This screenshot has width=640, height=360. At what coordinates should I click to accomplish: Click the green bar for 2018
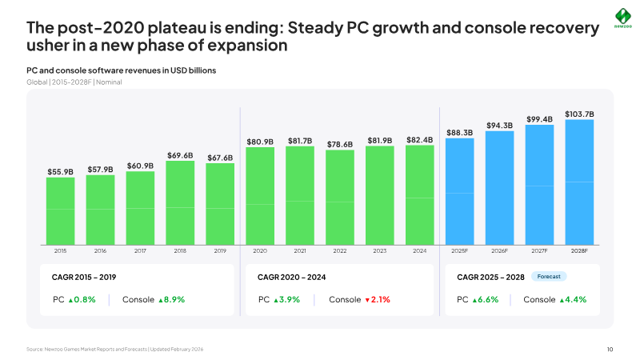click(x=180, y=203)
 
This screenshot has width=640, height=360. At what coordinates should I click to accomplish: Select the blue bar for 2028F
click(x=579, y=182)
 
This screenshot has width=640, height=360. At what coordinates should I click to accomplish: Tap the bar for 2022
click(x=339, y=198)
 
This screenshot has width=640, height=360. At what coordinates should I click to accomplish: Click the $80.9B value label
click(x=259, y=142)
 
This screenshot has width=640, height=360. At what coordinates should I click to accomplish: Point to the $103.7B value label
click(x=579, y=114)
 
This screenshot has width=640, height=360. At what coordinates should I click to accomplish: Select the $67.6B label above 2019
click(x=220, y=158)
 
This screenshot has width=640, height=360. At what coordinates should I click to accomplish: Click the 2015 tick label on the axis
click(x=61, y=250)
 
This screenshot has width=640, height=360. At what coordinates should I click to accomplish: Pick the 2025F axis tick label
click(x=459, y=250)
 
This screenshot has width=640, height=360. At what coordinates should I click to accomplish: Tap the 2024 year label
click(x=419, y=250)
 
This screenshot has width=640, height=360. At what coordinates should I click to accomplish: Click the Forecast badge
click(x=549, y=276)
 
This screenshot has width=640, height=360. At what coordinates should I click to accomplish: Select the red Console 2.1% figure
click(x=378, y=299)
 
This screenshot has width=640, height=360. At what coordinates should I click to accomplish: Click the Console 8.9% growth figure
click(x=171, y=299)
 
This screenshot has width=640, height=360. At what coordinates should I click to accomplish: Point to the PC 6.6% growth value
click(x=486, y=299)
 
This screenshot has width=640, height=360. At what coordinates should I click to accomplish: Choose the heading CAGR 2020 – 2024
click(x=291, y=277)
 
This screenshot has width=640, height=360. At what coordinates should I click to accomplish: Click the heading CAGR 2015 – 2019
click(x=84, y=277)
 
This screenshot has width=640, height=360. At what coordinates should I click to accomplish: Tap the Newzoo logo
click(x=623, y=18)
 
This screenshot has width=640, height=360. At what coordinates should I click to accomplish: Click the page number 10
click(x=610, y=349)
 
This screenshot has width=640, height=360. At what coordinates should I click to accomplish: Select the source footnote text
click(x=114, y=349)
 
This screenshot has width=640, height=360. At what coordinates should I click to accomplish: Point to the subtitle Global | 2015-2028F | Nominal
click(x=74, y=82)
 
